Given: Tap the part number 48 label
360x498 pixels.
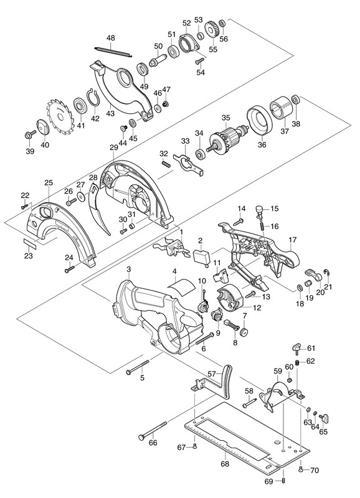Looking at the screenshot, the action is pyautogui.click(x=111, y=38).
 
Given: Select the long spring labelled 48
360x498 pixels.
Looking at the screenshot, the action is pyautogui.click(x=113, y=51).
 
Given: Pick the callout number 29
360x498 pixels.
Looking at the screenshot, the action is pyautogui.click(x=114, y=148).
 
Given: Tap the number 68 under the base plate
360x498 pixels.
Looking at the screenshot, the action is pyautogui.click(x=225, y=464).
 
